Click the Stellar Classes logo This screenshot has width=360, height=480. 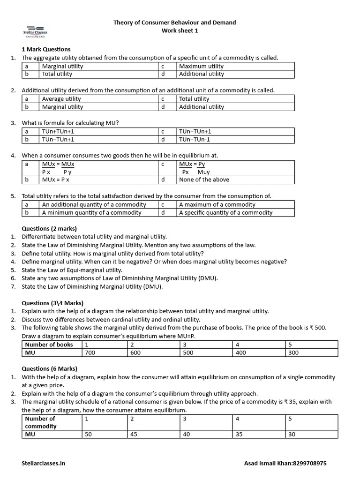(x=36, y=30)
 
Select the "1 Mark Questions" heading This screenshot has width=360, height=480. (x=46, y=49)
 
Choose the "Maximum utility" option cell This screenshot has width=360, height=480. (x=201, y=66)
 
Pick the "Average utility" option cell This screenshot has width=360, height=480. (x=61, y=99)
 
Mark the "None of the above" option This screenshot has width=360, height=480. (x=204, y=180)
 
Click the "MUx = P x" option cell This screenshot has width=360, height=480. (x=55, y=180)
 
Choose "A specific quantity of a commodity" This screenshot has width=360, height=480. (x=225, y=212)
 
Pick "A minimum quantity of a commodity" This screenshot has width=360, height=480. (x=91, y=212)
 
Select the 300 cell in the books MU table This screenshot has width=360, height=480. (x=293, y=352)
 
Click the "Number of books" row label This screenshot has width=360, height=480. (x=49, y=345)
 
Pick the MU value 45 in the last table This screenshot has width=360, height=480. (x=134, y=434)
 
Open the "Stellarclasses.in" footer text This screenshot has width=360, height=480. (x=44, y=463)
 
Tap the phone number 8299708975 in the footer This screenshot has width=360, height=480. (x=309, y=463)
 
